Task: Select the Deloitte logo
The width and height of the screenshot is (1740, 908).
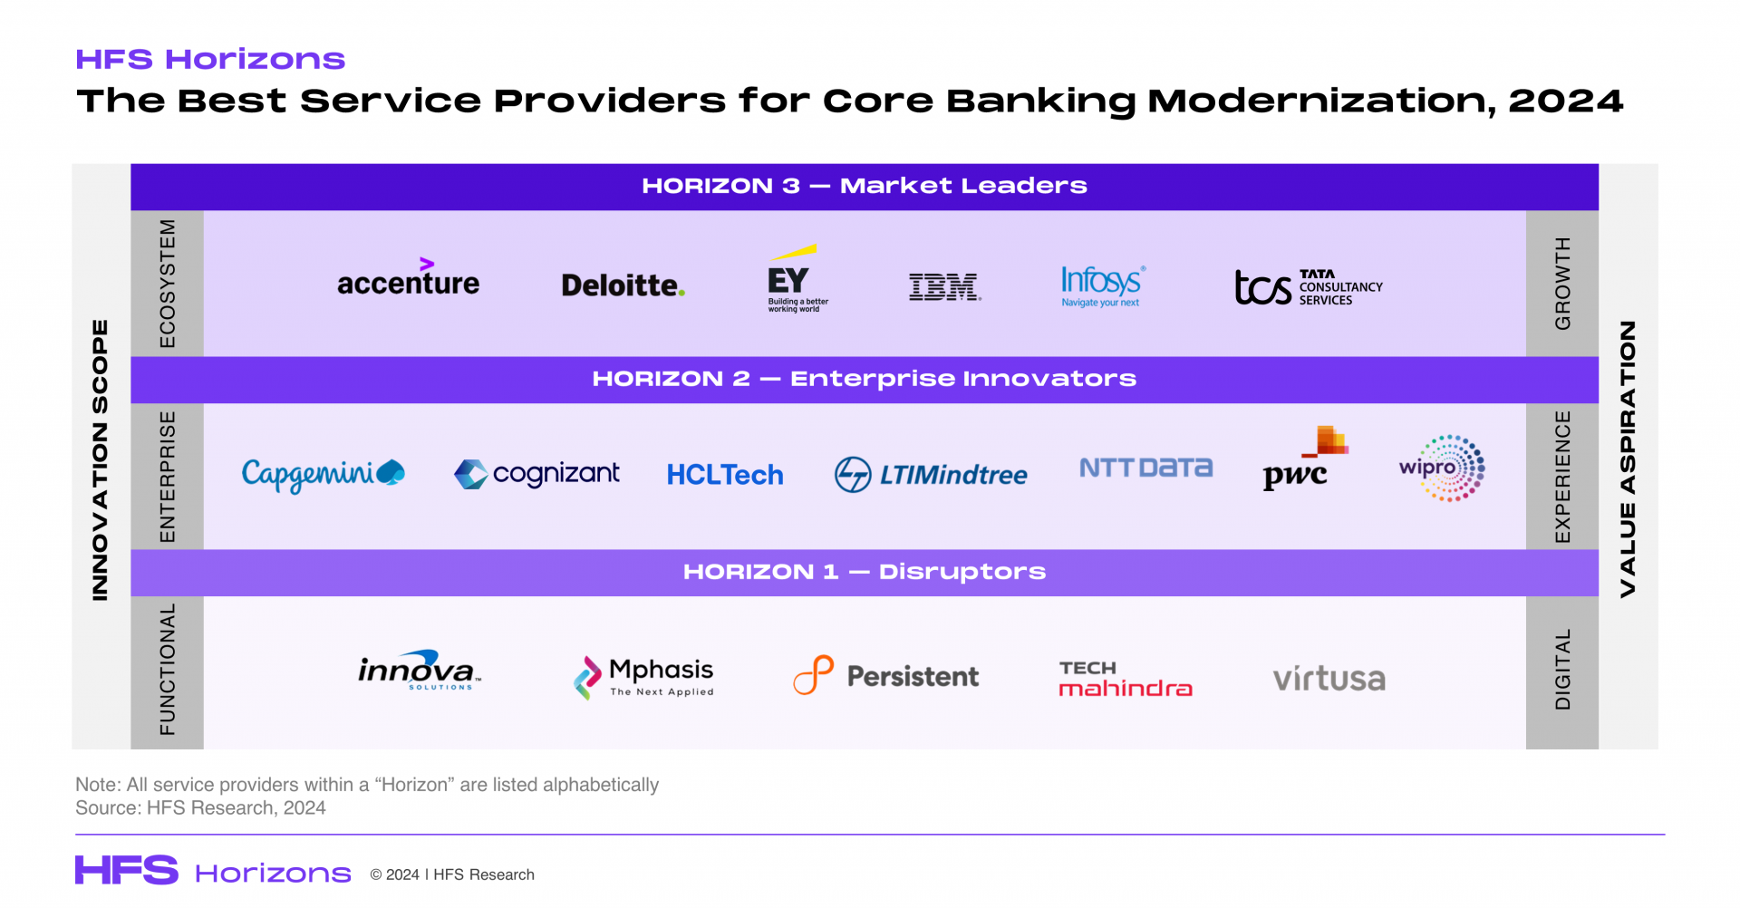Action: coord(623,285)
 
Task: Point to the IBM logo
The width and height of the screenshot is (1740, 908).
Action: coord(945,287)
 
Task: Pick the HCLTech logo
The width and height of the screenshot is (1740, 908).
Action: coord(725,475)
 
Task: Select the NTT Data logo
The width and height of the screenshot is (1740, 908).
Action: coord(1145,468)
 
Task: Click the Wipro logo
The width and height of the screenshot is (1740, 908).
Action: coord(1443,468)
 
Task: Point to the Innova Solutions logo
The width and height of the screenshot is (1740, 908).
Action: coord(419,671)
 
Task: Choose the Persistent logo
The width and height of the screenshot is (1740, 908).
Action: coord(886,675)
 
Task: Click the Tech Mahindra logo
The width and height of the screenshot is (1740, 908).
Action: coord(1126,679)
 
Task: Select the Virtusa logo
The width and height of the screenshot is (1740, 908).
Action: coord(1329,679)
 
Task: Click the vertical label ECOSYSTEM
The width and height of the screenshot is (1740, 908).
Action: coord(168,284)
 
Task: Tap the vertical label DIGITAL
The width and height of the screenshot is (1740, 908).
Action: coord(1563,670)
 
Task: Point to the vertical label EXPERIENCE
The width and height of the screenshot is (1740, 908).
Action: coord(1563,477)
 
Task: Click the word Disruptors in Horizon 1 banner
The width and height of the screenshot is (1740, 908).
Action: coord(962,572)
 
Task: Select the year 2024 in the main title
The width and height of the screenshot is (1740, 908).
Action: coord(1565,101)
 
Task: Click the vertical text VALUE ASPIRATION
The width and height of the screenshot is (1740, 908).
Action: coord(1628,459)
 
